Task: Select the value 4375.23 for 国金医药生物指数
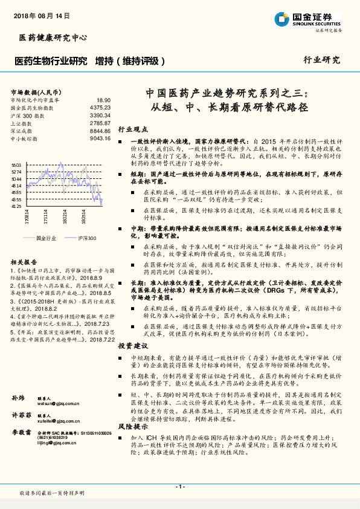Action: coord(100,108)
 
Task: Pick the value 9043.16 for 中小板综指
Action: coord(100,138)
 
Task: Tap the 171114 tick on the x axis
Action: coord(46,216)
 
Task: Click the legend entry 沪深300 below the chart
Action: coord(86,238)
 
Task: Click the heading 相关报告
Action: coord(24,262)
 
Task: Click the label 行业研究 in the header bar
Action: coord(321,60)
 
